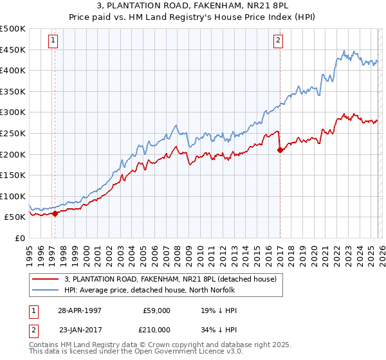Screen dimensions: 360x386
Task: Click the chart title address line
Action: pos(193,6)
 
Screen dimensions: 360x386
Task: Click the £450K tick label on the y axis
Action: pos(13,50)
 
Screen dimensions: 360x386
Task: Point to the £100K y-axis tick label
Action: pos(13,196)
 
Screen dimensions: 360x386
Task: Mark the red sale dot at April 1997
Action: pos(55,213)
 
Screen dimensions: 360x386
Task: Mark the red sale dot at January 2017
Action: pos(280,150)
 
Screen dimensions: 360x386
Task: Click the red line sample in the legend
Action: pos(46,279)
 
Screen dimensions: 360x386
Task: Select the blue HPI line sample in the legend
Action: pos(46,290)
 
